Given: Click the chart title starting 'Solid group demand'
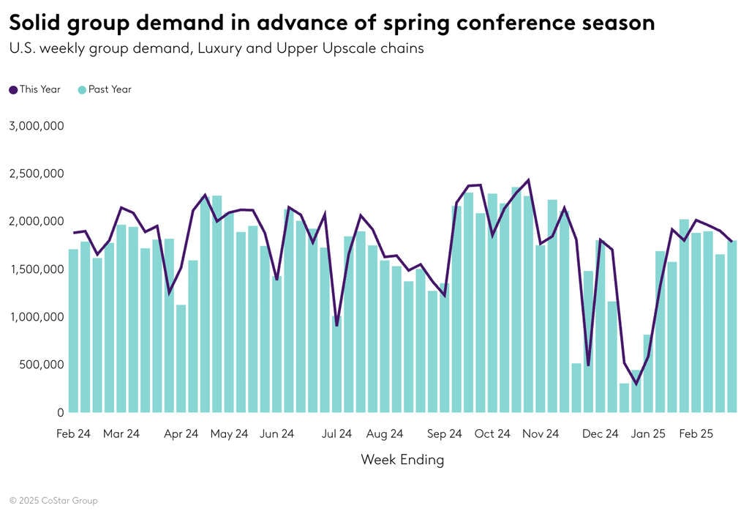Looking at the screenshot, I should coord(331,23).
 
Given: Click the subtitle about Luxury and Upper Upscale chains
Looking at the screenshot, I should coord(217,50).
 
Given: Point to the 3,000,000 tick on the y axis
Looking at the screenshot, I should coord(37,126).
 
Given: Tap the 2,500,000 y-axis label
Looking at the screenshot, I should coord(37,174).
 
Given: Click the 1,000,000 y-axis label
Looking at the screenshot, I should coord(37,317).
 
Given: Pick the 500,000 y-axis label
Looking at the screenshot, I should coord(40,365).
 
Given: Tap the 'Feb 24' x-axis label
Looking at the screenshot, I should coord(73,433).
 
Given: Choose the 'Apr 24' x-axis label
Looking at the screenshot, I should coord(181,433).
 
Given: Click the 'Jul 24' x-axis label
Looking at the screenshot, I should coord(336,433).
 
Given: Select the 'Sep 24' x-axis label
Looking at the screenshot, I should coord(445,433).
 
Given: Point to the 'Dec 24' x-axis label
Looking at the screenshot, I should coord(600,433).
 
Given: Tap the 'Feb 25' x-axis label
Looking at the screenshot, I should coord(696,433).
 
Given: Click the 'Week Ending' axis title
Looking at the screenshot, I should coord(402,460).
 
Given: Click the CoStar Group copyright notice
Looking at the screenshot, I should coord(53,501).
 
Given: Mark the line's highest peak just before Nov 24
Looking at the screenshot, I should coord(528,179).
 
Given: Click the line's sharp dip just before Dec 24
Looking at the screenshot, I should coord(588,365).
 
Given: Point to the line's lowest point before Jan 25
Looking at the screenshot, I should coord(636,384).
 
